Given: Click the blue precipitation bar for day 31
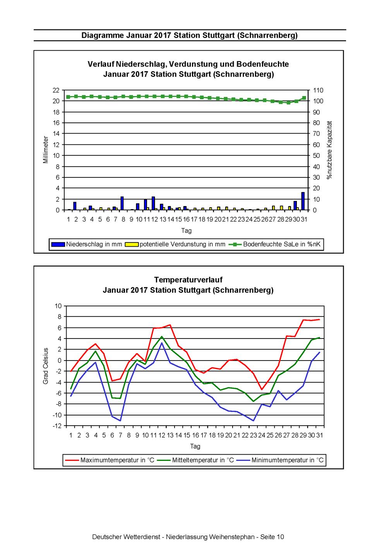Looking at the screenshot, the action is pos(303,201).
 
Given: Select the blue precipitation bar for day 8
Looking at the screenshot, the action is pos(122,203).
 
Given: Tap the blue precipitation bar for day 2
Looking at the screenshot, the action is pos(75,206).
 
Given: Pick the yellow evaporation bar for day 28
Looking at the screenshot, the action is pos(281,208).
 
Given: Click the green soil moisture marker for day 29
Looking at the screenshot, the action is pos(288,103).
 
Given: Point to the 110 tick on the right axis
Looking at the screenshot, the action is pos(318,90).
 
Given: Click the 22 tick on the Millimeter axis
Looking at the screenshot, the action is pos(56,90).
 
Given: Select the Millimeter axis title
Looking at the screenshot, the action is pos(46,149).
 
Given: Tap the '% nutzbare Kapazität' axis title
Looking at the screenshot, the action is pos(329,150).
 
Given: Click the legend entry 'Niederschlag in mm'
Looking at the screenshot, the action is pos(87,244).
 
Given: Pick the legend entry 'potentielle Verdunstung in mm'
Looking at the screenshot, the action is pos(175,244).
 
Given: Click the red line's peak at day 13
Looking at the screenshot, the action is pos(170,325).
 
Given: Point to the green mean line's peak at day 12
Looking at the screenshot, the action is pos(162,337).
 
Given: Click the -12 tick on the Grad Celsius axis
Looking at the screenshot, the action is pos(57,426).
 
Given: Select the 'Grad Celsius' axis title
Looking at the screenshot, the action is pos(46,366).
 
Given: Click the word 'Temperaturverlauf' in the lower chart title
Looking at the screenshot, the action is pos(188,280).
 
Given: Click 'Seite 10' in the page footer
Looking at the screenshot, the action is pos(272,537).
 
